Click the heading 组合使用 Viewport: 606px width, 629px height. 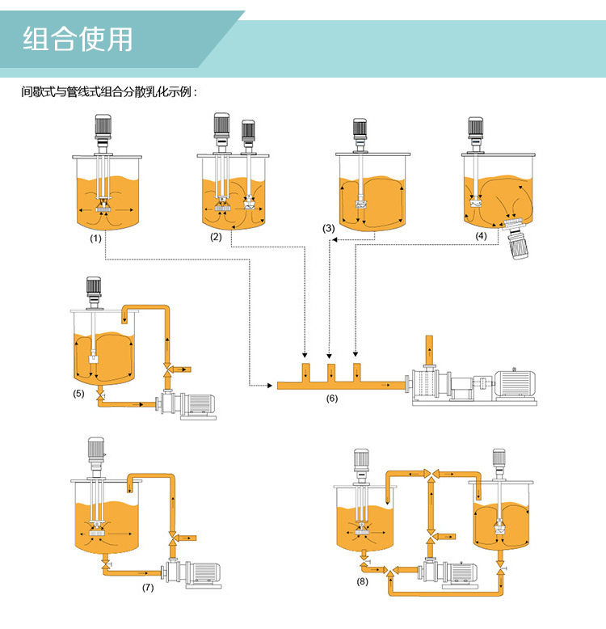(x=78, y=40)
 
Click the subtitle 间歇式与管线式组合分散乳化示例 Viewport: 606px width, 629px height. (x=109, y=92)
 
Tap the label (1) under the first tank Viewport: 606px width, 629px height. (x=96, y=239)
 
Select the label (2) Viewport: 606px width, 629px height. (x=216, y=237)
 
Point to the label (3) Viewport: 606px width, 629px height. (x=328, y=229)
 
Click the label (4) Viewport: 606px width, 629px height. (x=482, y=236)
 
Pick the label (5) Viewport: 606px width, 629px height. (x=78, y=394)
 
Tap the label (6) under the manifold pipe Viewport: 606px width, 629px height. (x=332, y=399)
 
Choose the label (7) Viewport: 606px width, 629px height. (x=148, y=588)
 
